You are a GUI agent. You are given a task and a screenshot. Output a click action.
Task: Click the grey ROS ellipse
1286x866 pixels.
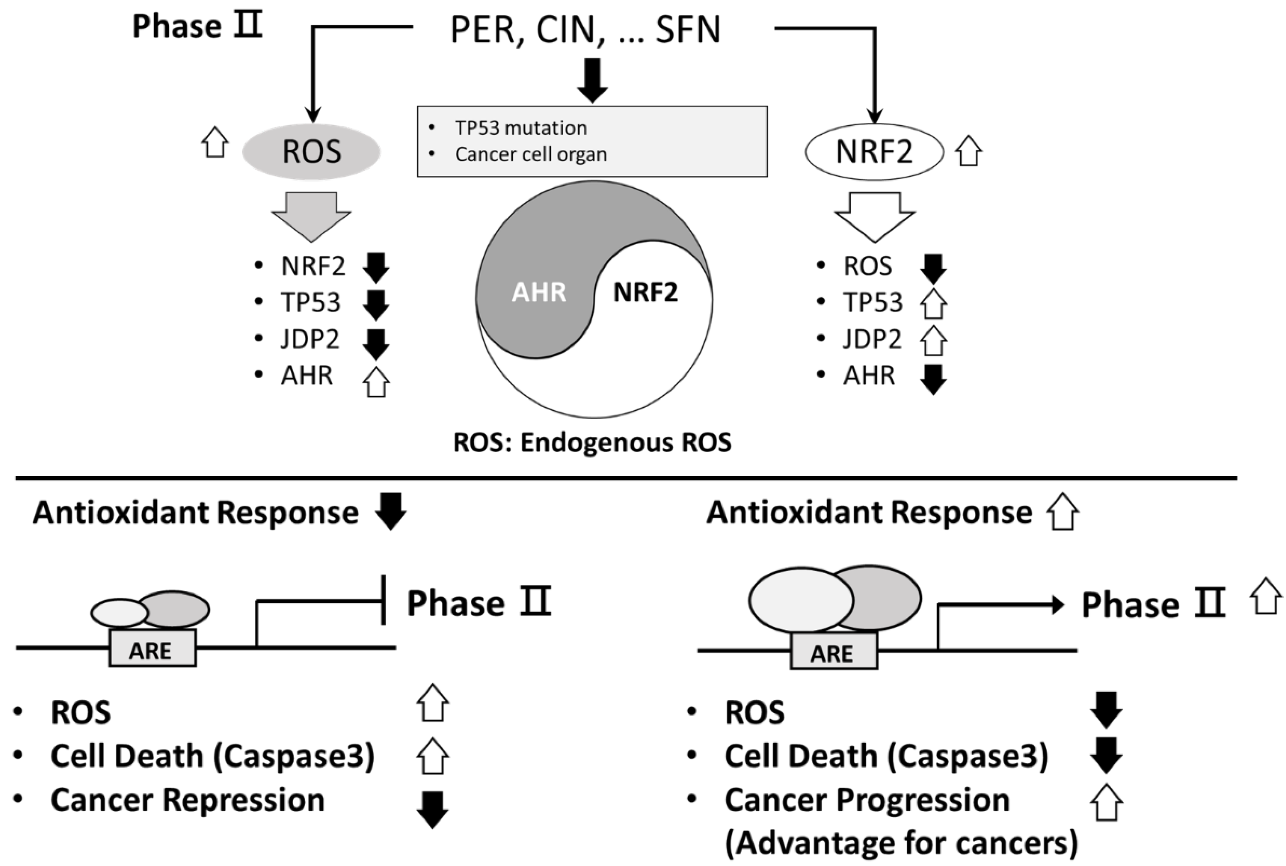(x=311, y=151)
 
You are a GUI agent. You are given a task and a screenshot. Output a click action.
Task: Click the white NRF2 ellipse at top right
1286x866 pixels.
(x=874, y=151)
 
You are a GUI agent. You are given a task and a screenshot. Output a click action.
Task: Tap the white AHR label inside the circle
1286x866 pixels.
(x=539, y=292)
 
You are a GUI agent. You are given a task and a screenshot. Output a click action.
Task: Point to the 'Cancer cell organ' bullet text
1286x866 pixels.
(x=531, y=154)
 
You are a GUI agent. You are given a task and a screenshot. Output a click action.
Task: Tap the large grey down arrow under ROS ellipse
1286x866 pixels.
(x=311, y=217)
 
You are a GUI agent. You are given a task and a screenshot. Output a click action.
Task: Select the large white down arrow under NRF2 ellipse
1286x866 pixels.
(x=875, y=217)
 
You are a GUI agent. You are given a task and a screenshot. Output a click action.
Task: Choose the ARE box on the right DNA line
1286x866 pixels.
(x=834, y=651)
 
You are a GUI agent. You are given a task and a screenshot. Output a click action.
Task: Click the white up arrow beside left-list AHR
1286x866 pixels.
(x=376, y=382)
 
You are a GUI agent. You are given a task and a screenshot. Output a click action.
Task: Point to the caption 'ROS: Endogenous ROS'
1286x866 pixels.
(x=592, y=442)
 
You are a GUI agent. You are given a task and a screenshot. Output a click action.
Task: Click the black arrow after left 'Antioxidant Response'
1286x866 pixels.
(x=390, y=512)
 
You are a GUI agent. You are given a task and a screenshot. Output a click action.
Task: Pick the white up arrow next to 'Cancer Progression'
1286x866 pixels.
(x=1106, y=802)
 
